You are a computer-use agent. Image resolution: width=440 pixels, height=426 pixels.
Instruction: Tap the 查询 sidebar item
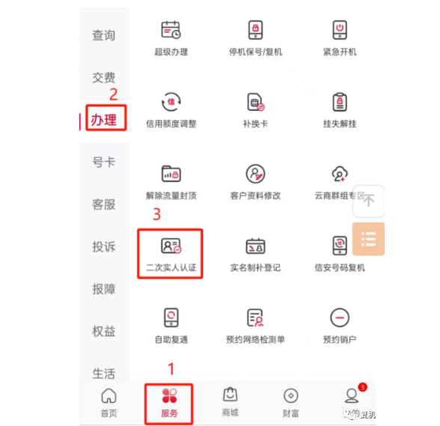[x=104, y=35]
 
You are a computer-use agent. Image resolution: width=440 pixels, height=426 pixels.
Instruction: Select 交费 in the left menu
[x=104, y=77]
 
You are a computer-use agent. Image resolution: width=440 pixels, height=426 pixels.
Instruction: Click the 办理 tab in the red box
[x=104, y=120]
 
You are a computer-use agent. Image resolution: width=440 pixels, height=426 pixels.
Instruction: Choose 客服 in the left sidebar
[x=104, y=204]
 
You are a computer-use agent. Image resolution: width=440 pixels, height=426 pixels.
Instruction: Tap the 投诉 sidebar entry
[x=104, y=246]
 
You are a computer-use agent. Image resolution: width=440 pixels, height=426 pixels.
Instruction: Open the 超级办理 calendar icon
[x=171, y=31]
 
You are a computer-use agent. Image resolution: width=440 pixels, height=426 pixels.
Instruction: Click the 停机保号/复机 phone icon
[x=255, y=31]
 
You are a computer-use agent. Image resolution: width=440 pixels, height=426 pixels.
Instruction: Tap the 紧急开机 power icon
[x=340, y=31]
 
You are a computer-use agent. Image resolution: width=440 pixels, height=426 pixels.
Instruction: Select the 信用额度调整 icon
[x=171, y=102]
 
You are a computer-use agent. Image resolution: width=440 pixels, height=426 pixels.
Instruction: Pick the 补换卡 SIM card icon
[x=255, y=102]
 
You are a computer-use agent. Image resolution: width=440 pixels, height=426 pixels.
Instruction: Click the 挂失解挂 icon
[x=340, y=102]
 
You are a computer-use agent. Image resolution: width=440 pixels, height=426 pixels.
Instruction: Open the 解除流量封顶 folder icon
[x=171, y=174]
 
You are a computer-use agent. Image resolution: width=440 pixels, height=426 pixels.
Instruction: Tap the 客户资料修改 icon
[x=255, y=174]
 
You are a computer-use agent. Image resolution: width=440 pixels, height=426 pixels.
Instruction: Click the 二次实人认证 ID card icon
[x=171, y=246]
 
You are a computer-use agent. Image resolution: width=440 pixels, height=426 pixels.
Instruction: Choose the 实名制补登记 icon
[x=255, y=246]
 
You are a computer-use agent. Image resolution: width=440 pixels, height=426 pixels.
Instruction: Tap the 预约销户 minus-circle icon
[x=340, y=317]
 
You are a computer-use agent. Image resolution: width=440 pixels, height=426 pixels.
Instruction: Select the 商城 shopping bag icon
[x=230, y=395]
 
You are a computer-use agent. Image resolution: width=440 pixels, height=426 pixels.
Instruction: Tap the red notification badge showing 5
[x=362, y=387]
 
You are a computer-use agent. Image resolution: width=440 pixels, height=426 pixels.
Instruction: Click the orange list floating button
[x=368, y=239]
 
